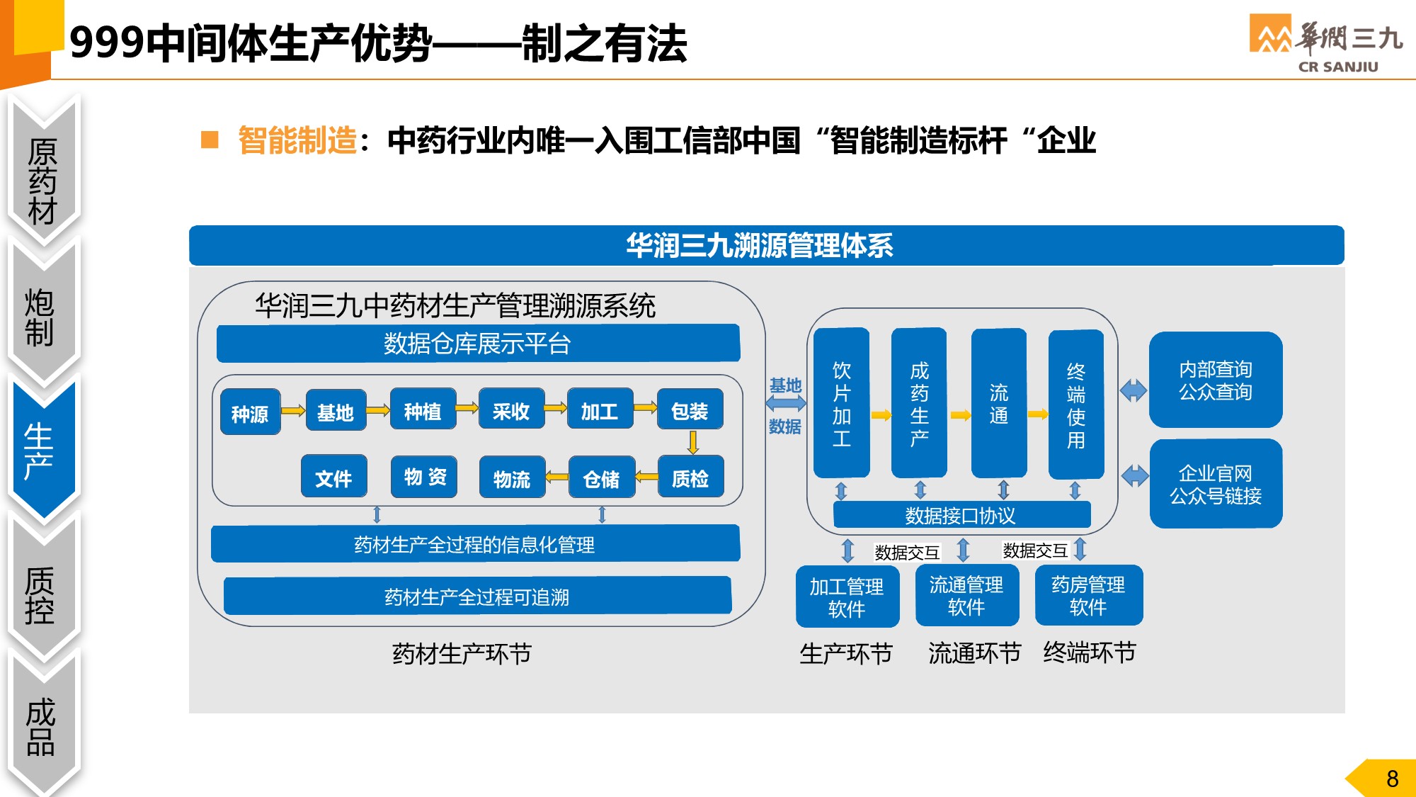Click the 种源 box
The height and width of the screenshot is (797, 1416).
[x=250, y=412]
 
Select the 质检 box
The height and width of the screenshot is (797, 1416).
[x=690, y=478]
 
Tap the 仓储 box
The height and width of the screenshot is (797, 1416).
[x=601, y=478]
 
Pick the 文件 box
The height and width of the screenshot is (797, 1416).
[x=333, y=477]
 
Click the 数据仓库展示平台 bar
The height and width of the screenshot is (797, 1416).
[x=478, y=344]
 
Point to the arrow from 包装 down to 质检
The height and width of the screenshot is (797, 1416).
[x=692, y=442]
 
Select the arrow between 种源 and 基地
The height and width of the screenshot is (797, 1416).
[x=293, y=410]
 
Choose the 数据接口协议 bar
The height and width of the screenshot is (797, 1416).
[x=961, y=515]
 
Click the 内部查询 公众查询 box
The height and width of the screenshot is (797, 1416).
[x=1216, y=380]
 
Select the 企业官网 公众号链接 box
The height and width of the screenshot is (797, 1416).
[x=1216, y=485]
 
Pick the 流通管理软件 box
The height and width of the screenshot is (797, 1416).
[x=966, y=595]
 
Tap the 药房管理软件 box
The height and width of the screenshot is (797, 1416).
[x=1088, y=595]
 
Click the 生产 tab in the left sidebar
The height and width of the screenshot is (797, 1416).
[x=41, y=450]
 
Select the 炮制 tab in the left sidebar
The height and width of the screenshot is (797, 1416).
[x=41, y=317]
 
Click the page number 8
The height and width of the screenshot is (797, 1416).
[x=1392, y=779]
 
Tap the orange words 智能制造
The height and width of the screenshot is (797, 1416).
[x=297, y=140]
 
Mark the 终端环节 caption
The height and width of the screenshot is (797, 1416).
[x=1089, y=652]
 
